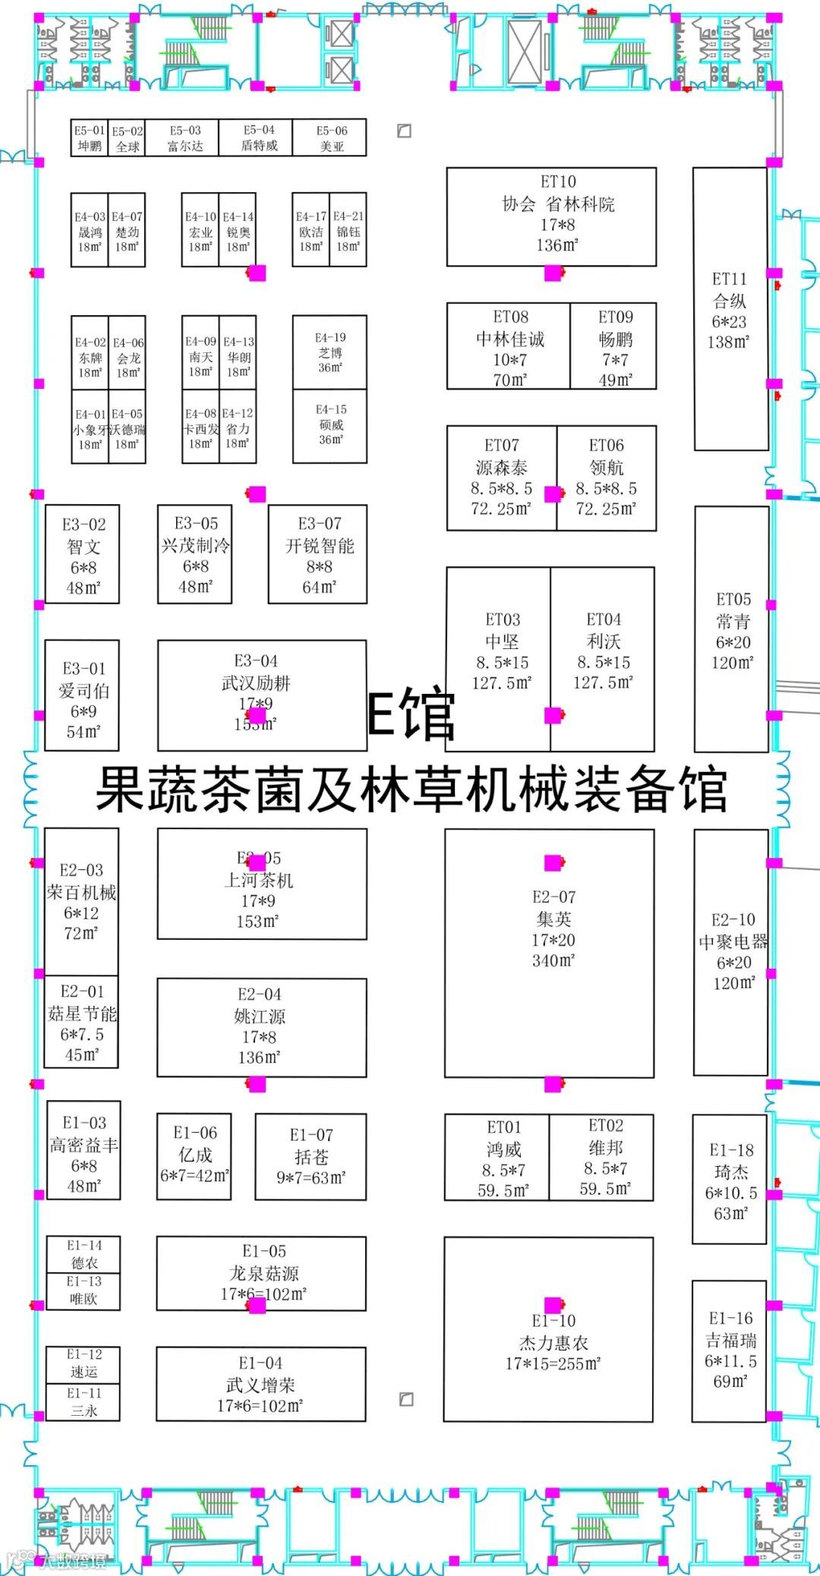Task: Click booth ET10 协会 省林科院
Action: tap(551, 216)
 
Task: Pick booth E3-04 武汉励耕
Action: tap(261, 695)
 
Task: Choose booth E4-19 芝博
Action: tap(330, 351)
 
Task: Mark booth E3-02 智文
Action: tap(82, 554)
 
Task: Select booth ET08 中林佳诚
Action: tap(508, 346)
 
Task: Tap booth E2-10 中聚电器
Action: tap(731, 952)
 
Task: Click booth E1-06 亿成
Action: tap(194, 1156)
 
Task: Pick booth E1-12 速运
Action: tap(83, 1363)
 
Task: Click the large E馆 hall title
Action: tap(410, 714)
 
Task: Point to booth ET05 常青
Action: tap(732, 629)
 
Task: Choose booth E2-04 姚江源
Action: tap(261, 1026)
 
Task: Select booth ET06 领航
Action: tap(606, 478)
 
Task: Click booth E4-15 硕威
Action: tap(330, 426)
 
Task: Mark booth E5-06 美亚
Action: tap(330, 137)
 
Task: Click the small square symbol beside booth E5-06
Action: tap(405, 131)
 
